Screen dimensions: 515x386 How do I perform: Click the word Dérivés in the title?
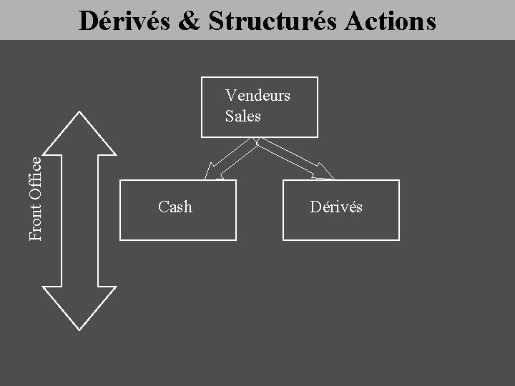coord(120,21)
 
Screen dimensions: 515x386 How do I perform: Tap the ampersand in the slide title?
coord(189,21)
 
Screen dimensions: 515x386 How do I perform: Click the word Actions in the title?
coord(390,21)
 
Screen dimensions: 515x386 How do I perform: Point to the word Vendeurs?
coord(257,95)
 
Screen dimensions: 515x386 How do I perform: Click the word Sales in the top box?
coord(242,116)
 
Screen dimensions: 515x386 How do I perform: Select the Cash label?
coord(175,207)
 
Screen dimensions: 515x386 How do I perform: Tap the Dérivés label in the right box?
coord(336,207)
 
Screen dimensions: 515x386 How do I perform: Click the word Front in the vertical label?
coord(35,224)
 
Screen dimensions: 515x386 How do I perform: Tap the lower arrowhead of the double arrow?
coord(79,307)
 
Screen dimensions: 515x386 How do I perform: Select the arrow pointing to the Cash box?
coord(229,159)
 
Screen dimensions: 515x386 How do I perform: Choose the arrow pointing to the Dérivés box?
coord(293,158)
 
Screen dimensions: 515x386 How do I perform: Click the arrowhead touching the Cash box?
coord(211,172)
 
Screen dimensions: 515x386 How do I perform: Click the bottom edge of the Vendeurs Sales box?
coord(259,137)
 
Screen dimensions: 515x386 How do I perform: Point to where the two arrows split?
coord(257,141)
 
